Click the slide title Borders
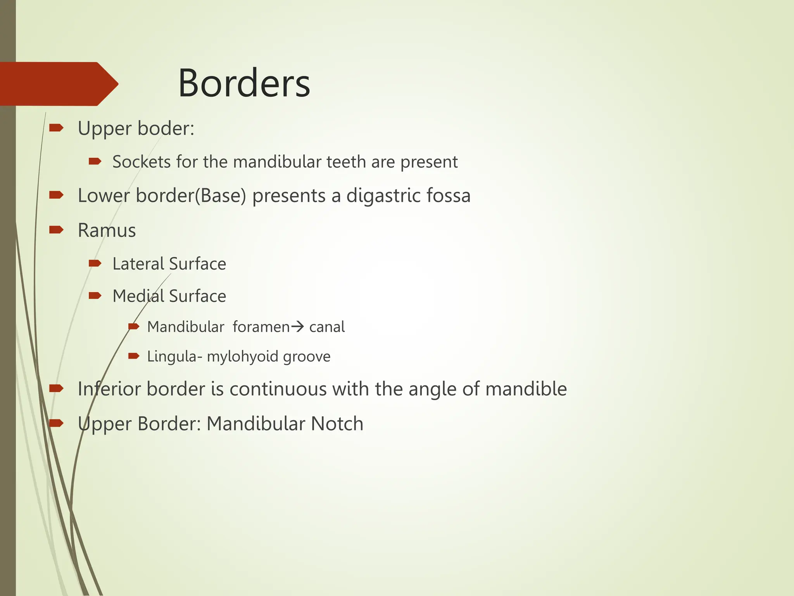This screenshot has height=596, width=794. (x=244, y=83)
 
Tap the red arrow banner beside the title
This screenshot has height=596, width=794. (x=58, y=84)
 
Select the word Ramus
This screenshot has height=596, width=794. (x=107, y=230)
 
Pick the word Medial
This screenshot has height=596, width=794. (x=138, y=296)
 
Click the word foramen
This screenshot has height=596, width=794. (x=261, y=327)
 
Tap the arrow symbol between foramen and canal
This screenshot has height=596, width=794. (x=297, y=327)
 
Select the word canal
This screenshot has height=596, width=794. (x=327, y=327)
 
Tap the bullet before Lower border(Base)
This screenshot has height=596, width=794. (x=56, y=195)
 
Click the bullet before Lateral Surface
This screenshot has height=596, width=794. (x=95, y=264)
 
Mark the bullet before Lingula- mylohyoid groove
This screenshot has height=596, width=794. (x=133, y=356)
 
